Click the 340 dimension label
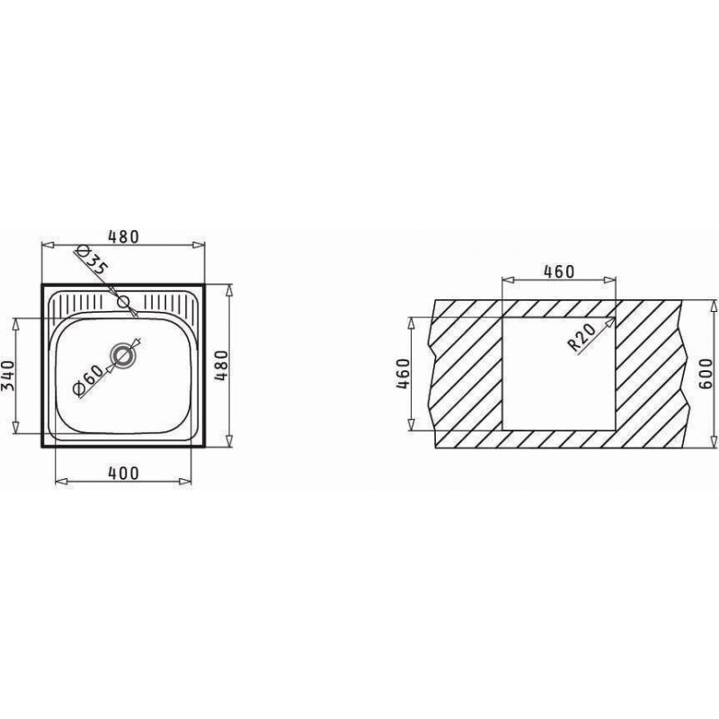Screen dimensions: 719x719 [9, 375]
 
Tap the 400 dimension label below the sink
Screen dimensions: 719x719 [123, 473]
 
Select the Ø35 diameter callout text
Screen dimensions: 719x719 [93, 260]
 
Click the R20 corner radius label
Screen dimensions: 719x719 [581, 337]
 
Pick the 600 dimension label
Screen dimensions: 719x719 [706, 374]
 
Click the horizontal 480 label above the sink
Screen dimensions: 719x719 [123, 236]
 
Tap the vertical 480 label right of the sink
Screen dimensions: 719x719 [221, 366]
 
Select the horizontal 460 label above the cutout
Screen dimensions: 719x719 [558, 272]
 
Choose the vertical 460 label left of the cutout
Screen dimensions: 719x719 [402, 374]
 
